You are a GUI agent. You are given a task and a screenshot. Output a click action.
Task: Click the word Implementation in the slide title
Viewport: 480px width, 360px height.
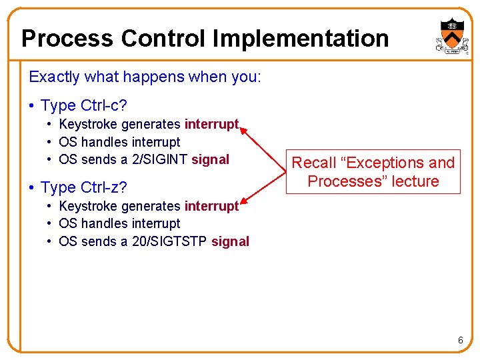click(x=301, y=39)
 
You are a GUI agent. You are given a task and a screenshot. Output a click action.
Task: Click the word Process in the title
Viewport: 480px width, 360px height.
click(x=67, y=39)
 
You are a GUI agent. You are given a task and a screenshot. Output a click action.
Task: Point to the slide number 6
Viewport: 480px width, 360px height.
click(x=460, y=341)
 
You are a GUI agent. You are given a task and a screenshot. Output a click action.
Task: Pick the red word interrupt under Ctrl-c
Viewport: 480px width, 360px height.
click(x=211, y=124)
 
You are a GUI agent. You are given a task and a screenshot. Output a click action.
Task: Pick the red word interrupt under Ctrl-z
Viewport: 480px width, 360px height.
click(x=211, y=206)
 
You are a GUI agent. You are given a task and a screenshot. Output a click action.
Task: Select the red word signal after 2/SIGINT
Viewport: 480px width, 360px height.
click(x=211, y=159)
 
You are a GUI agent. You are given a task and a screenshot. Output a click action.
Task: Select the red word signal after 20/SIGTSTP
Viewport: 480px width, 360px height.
click(x=231, y=241)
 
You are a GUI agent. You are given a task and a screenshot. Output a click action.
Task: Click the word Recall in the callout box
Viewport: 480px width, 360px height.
click(x=315, y=163)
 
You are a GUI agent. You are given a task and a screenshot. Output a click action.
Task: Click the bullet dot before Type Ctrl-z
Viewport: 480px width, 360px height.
click(x=33, y=188)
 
